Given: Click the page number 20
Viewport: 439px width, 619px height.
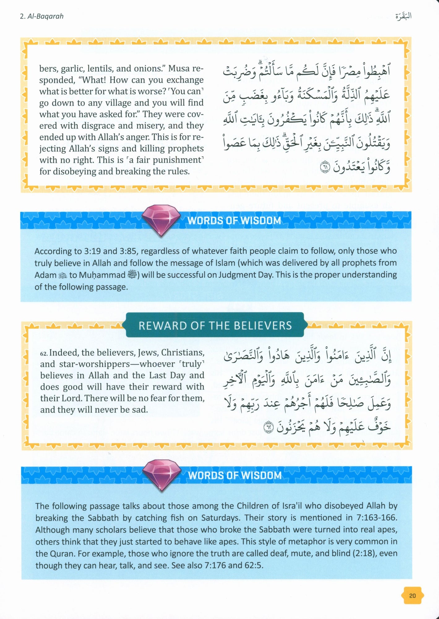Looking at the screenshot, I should pos(412,595).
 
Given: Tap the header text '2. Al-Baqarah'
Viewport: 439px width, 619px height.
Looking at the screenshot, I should pos(41,16).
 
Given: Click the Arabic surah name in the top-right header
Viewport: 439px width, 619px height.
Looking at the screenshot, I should pos(403,16).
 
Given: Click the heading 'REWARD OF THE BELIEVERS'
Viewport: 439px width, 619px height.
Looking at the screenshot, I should pos(215,326).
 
